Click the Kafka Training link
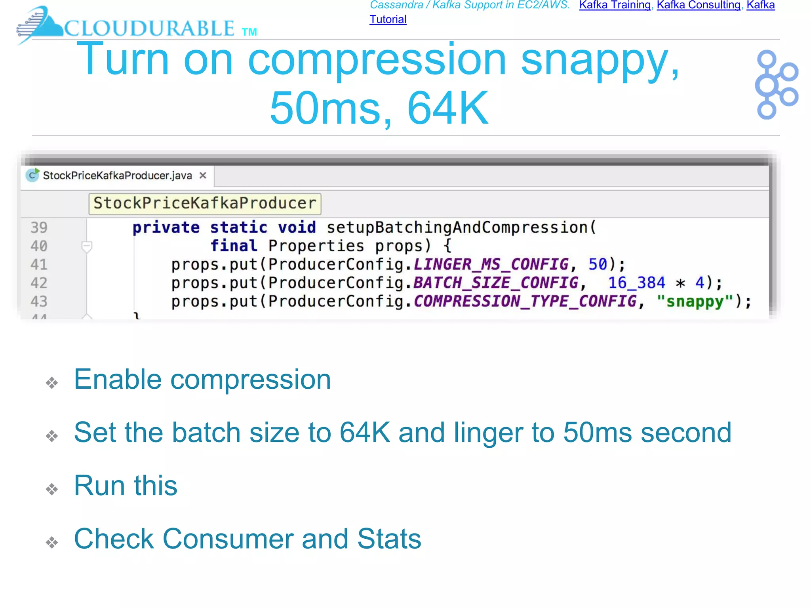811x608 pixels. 615,5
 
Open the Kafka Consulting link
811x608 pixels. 698,5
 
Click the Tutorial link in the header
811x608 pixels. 388,19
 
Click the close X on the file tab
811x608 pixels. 203,175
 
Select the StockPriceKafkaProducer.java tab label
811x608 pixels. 117,176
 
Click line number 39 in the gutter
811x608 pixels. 39,228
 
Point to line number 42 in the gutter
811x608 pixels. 39,283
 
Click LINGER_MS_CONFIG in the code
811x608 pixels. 491,264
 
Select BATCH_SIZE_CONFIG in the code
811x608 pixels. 495,283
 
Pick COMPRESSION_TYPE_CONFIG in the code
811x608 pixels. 525,302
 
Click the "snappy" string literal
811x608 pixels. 695,302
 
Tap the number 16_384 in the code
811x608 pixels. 636,283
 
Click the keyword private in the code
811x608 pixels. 166,228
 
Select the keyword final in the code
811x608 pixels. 234,246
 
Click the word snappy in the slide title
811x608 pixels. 599,60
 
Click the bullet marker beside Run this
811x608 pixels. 52,489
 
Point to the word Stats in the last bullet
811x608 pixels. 389,539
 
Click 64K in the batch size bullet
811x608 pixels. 365,432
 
